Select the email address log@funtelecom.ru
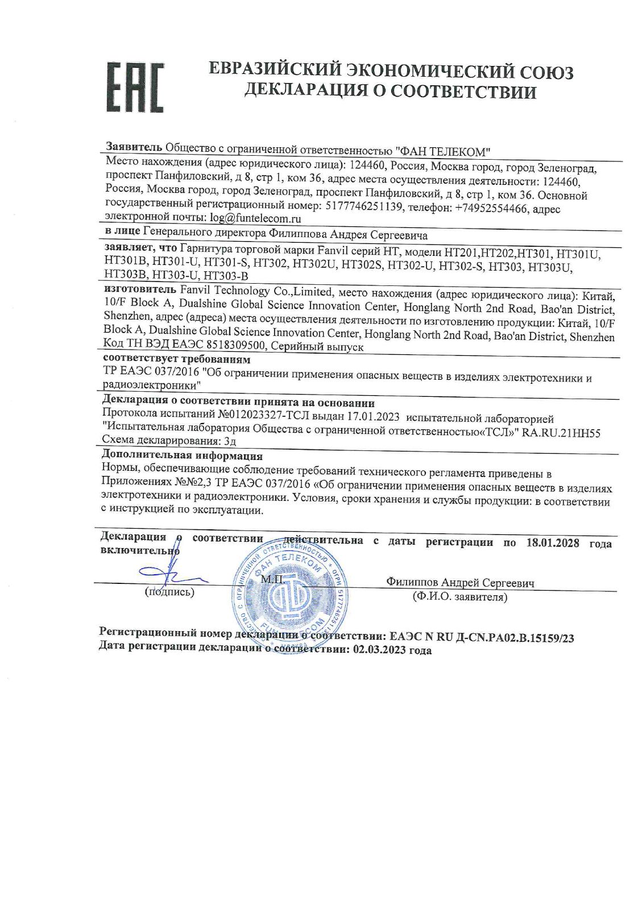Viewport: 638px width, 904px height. [255, 218]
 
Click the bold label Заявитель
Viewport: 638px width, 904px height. [134, 147]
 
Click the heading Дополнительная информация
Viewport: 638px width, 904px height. [182, 455]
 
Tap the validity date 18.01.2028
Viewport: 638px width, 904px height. [553, 542]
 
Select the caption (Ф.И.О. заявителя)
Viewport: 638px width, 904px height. [460, 597]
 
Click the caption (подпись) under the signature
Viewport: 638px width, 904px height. [170, 592]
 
